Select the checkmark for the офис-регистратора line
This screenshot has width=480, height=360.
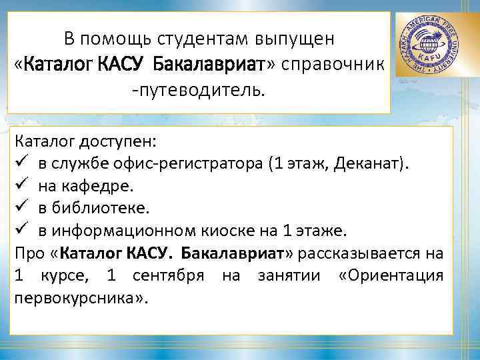[x=21, y=164]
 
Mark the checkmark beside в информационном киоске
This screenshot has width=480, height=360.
[x=21, y=231]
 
